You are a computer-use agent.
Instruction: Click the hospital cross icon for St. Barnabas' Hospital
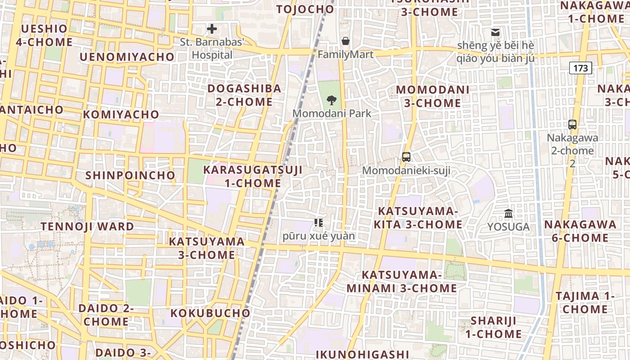(x=211, y=29)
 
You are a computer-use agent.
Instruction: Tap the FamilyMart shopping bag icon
(x=346, y=41)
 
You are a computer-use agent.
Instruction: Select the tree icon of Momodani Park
(x=332, y=100)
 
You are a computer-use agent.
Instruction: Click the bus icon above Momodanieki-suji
(x=406, y=157)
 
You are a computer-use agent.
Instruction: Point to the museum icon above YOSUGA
(x=508, y=213)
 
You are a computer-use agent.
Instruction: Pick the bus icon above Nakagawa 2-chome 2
(x=572, y=125)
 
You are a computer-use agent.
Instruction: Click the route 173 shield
(x=580, y=68)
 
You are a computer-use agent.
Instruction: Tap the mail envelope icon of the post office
(x=495, y=32)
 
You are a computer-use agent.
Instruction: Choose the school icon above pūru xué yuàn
(x=319, y=222)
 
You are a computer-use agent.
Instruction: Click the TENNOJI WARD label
(x=87, y=226)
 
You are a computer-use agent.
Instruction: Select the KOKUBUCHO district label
(x=210, y=313)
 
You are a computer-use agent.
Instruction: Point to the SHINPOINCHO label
(x=130, y=175)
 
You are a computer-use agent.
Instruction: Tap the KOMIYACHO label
(x=121, y=114)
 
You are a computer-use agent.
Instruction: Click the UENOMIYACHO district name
(x=127, y=57)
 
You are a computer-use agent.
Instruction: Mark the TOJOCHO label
(x=305, y=9)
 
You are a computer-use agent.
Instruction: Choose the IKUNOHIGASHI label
(x=362, y=354)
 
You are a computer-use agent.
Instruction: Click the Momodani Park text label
(x=332, y=113)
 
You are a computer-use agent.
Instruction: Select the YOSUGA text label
(x=508, y=227)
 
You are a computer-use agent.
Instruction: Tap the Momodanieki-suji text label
(x=406, y=171)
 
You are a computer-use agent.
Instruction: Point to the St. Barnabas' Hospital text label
(x=212, y=49)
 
